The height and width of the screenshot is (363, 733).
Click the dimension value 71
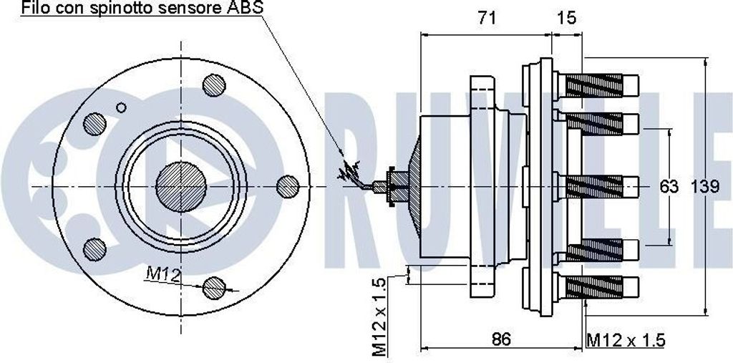click(x=487, y=18)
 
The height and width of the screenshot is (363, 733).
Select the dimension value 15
click(x=567, y=18)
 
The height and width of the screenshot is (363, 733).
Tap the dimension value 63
click(x=669, y=187)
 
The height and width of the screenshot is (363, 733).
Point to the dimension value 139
click(x=705, y=187)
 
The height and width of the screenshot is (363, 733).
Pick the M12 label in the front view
click(x=162, y=275)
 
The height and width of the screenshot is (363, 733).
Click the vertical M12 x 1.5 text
click(x=379, y=316)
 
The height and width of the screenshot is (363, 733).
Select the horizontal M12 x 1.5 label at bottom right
click(x=626, y=341)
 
